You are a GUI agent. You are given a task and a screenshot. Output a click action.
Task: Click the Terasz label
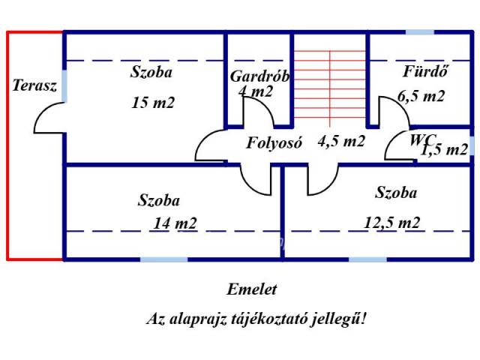pyautogui.click(x=34, y=85)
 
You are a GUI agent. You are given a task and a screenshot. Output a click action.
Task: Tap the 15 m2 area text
pyautogui.click(x=152, y=103)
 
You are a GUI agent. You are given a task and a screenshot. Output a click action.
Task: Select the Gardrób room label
pyautogui.click(x=259, y=76)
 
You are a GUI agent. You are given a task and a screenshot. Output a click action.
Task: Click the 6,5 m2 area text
pyautogui.click(x=421, y=96)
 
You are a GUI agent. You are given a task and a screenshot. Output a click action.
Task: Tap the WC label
pyautogui.click(x=423, y=139)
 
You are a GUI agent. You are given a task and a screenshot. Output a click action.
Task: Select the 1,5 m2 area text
pyautogui.click(x=444, y=150)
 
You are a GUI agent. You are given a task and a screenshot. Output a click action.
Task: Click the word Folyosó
pyautogui.click(x=274, y=142)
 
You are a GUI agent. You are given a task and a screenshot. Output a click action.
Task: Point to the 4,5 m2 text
pyautogui.click(x=341, y=141)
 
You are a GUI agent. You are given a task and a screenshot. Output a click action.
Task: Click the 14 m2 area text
pyautogui.click(x=175, y=223)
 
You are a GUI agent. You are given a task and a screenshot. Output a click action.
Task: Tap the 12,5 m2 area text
pyautogui.click(x=391, y=222)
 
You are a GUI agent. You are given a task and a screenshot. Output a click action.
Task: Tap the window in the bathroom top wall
pyautogui.click(x=420, y=33)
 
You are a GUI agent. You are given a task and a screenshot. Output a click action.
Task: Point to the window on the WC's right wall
pyautogui.click(x=472, y=145)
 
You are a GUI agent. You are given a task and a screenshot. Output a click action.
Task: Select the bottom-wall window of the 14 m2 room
pyautogui.click(x=163, y=259)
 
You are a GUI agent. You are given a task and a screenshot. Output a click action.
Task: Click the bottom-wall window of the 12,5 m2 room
pyautogui.click(x=368, y=259)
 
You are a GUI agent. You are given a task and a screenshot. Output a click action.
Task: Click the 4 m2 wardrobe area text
pyautogui.click(x=256, y=92)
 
